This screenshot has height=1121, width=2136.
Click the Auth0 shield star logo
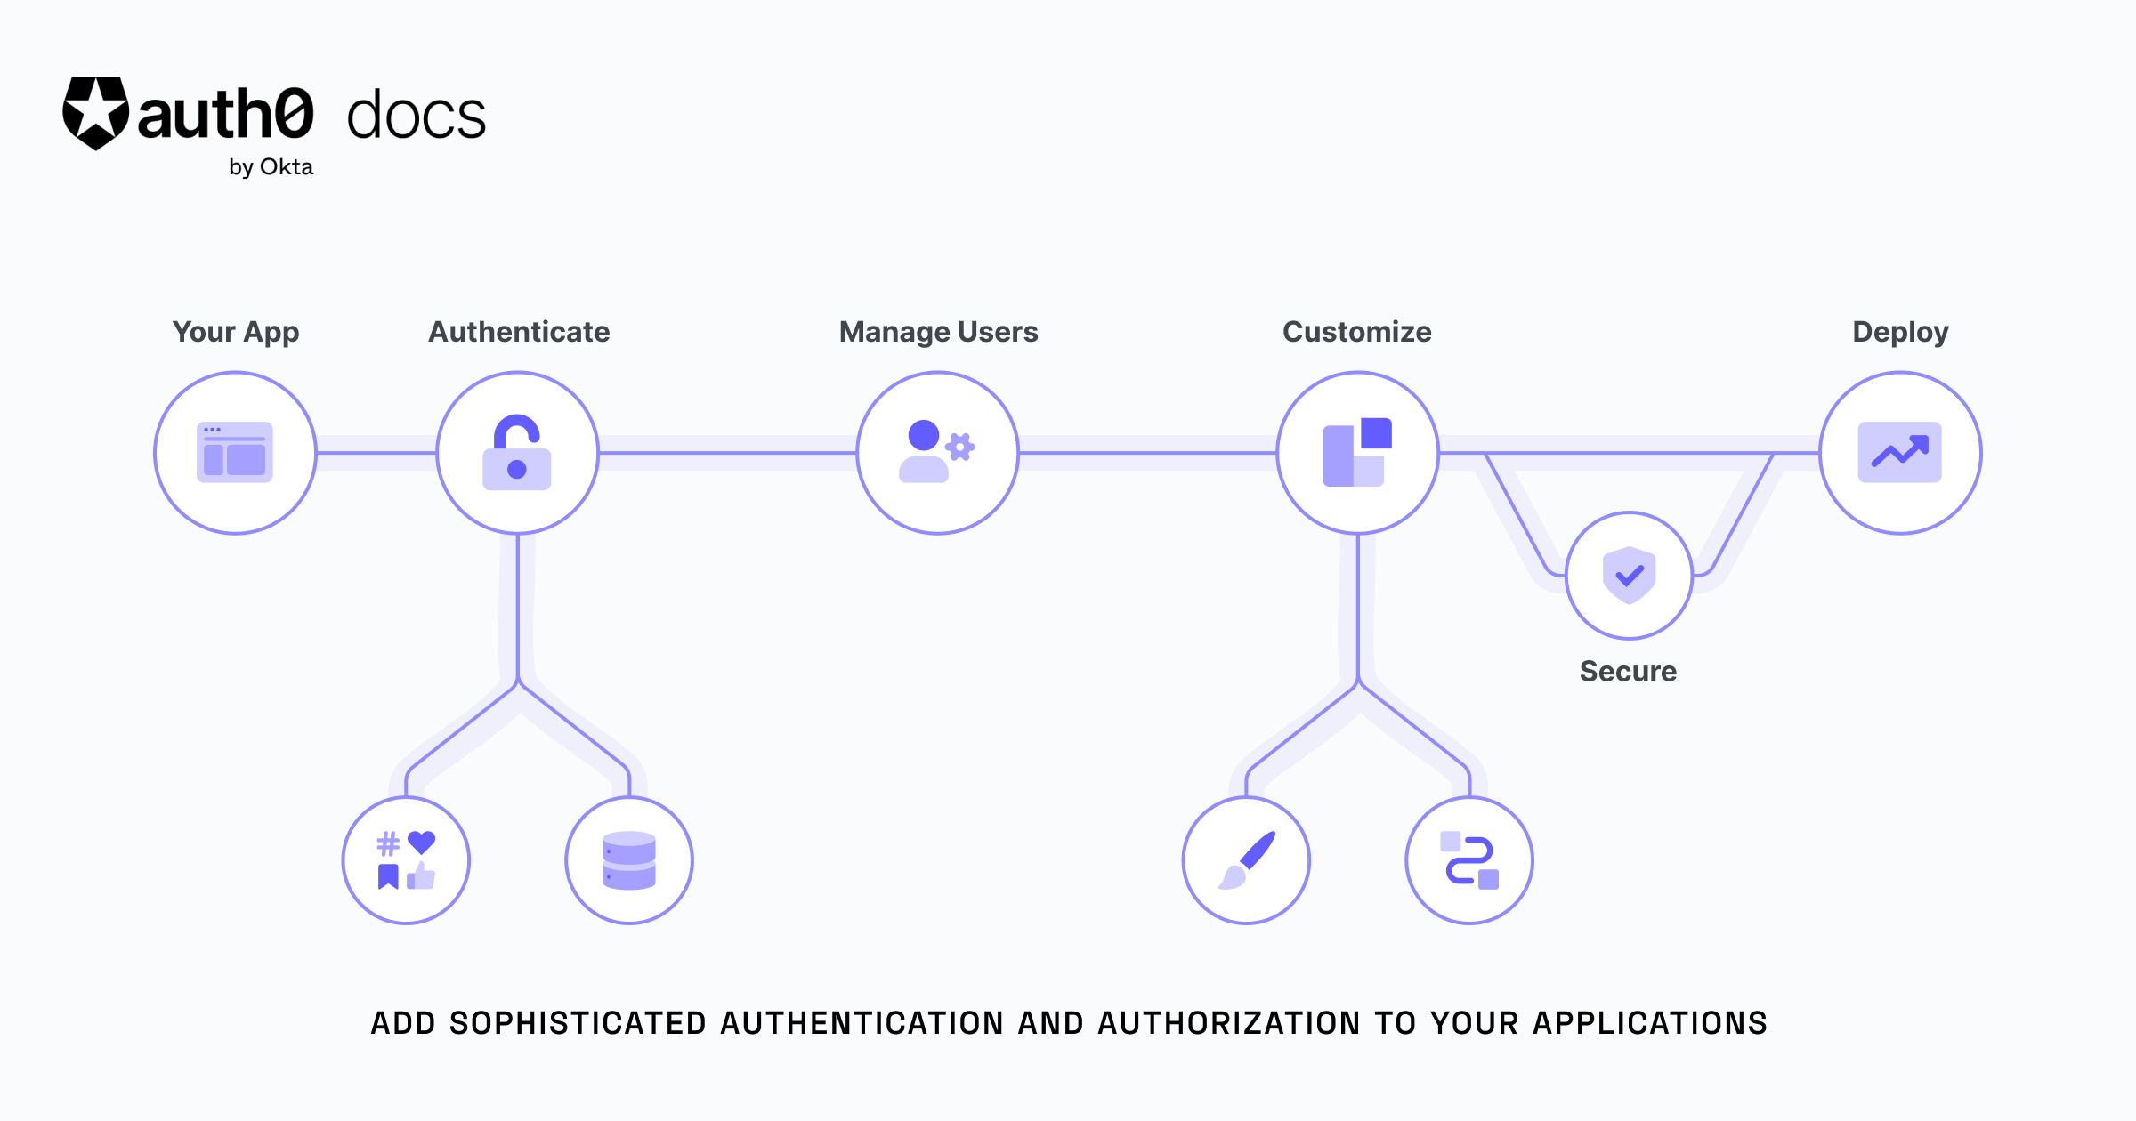coord(95,113)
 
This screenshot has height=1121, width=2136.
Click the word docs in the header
coord(416,117)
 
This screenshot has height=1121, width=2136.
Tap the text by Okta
coord(271,167)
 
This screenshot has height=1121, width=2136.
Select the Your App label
coord(236,332)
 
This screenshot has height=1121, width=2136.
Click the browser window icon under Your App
coord(235,453)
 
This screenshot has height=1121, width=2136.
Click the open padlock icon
coord(517,453)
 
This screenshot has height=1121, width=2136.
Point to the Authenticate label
coord(519,332)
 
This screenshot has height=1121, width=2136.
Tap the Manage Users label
coord(938,332)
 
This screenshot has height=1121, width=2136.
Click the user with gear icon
coord(936,452)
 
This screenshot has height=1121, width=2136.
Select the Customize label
coord(1356,332)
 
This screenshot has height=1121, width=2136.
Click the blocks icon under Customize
coord(1356,452)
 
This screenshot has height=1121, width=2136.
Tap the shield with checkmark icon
coord(1629,576)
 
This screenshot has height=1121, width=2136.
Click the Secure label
coord(1628,672)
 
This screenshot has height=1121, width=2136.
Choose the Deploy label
coord(1900,332)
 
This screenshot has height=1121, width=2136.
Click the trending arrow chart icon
coord(1899,453)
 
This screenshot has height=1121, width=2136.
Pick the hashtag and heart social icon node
coord(406,860)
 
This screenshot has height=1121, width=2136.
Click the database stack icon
coord(629,860)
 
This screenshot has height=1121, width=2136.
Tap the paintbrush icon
coord(1246,860)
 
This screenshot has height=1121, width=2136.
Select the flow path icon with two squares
coord(1469,860)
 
